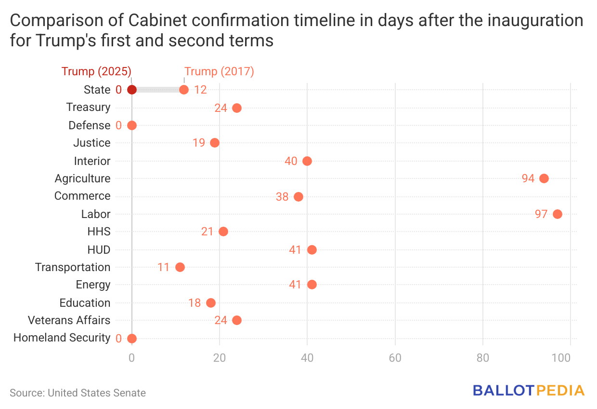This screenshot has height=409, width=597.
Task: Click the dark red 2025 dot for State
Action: (131, 90)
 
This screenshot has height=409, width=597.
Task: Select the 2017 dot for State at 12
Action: (184, 90)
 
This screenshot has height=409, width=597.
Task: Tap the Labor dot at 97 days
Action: (558, 214)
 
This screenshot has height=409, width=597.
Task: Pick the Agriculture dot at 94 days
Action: (544, 178)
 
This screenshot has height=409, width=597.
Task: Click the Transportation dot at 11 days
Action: (180, 267)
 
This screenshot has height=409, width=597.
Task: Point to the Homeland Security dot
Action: (132, 339)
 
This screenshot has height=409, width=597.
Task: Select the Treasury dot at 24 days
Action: (237, 108)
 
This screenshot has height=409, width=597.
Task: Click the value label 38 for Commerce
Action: (282, 197)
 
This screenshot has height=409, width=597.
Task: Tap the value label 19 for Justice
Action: (199, 143)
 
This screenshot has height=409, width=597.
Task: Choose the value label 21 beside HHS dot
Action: (208, 232)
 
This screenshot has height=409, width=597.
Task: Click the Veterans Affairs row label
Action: (69, 320)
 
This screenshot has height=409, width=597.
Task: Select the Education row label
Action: (85, 303)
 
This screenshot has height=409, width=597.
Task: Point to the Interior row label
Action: (92, 161)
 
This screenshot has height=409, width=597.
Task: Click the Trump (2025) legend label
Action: (96, 71)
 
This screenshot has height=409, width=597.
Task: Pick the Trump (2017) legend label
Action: (220, 71)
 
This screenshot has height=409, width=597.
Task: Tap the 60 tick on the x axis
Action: (395, 358)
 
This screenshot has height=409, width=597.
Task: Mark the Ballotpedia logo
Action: (529, 391)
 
